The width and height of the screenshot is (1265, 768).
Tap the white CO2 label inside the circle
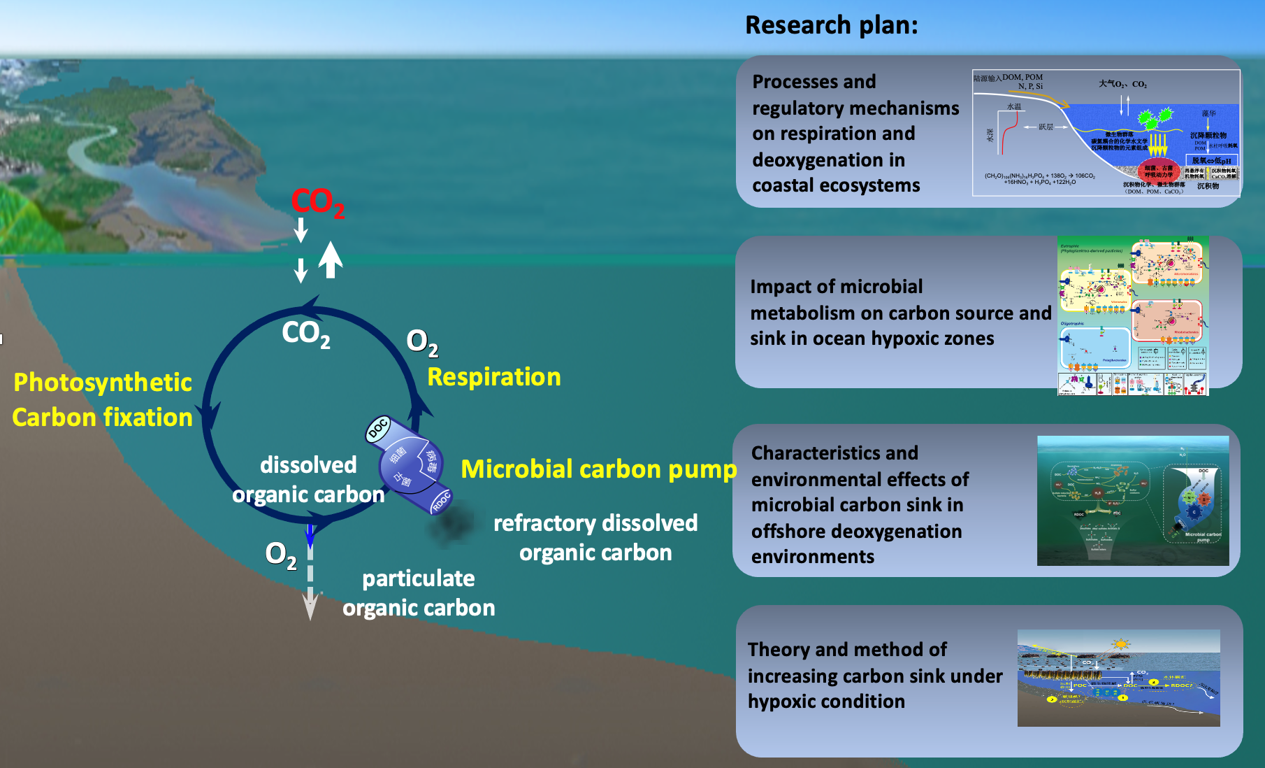click(x=305, y=333)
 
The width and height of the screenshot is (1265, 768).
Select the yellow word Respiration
click(x=493, y=377)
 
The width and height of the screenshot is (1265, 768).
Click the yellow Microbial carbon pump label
click(x=598, y=469)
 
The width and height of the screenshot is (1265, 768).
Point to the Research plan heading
click(x=831, y=25)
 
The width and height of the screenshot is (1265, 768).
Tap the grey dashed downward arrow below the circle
click(x=310, y=581)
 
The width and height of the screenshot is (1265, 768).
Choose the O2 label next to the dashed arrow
click(x=280, y=555)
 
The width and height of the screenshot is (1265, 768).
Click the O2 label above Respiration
click(x=422, y=342)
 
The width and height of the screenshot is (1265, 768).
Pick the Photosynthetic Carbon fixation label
click(x=102, y=399)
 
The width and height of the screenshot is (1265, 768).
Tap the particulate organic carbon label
click(x=418, y=593)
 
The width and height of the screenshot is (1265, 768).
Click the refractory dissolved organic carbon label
click(x=595, y=537)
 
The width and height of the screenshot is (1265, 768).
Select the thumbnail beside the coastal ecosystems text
click(x=1106, y=133)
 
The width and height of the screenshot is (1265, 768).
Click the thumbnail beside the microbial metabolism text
click(x=1132, y=316)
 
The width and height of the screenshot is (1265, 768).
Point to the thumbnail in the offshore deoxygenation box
click(x=1132, y=501)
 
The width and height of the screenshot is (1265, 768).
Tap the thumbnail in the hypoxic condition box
click(x=1118, y=678)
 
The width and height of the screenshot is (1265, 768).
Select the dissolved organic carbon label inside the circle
click(x=308, y=480)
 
